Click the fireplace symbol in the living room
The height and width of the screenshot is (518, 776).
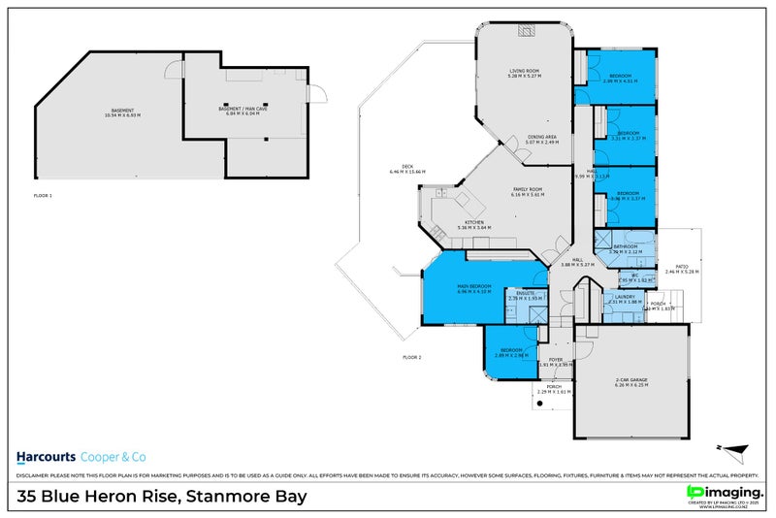click(525, 30)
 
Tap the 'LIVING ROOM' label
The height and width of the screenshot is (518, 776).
click(525, 71)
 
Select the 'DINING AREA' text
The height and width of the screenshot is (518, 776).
click(541, 137)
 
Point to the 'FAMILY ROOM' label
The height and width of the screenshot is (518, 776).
click(529, 189)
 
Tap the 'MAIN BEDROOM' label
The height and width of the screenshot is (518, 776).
click(474, 286)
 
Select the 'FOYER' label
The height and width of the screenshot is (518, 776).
click(556, 360)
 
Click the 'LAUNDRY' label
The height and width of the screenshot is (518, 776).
click(625, 297)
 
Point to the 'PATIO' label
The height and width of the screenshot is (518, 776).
click(681, 266)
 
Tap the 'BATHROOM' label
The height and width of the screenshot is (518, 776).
click(625, 246)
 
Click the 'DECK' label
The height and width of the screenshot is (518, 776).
click(395, 167)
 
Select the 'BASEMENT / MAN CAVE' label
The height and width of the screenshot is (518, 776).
click(244, 109)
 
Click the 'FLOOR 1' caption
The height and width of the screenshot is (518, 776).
click(43, 195)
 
